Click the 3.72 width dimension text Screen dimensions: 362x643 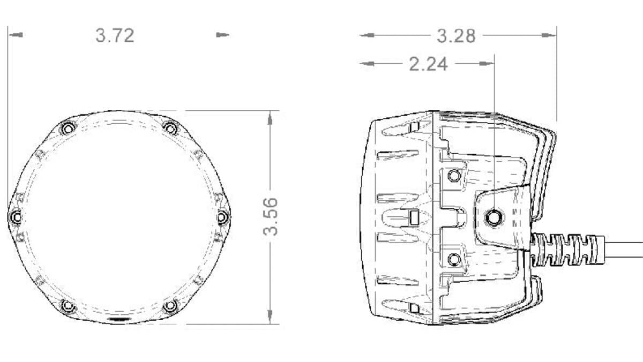tap(115, 35)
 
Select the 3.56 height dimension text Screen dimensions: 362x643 tap(271, 216)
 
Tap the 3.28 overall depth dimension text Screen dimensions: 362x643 tap(456, 36)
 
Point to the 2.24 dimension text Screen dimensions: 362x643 tap(428, 64)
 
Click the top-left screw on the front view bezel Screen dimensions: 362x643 tap(68, 129)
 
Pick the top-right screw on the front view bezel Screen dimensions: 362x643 tap(170, 129)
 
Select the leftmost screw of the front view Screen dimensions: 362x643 tap(16, 217)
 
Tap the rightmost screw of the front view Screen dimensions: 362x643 tap(223, 217)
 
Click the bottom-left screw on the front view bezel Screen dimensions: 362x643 tap(68, 306)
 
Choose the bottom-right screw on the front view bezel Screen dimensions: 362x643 tap(170, 306)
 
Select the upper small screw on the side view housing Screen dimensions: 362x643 tap(454, 175)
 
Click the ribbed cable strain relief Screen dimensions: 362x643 tap(568, 249)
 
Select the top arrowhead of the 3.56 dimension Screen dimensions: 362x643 tap(272, 117)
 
